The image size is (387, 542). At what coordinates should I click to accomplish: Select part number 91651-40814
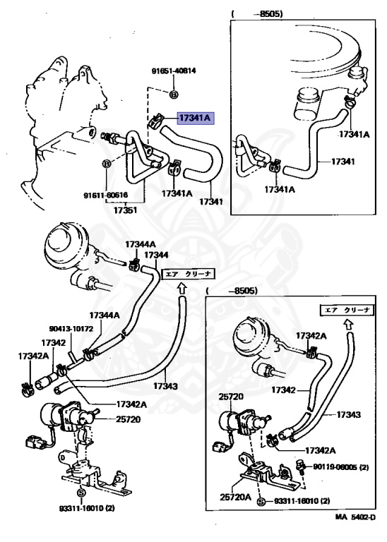[174, 71]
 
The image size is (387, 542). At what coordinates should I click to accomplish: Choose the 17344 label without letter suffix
[157, 254]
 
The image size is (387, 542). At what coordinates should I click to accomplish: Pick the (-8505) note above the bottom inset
[233, 291]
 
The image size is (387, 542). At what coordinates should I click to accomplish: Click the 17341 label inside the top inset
[342, 160]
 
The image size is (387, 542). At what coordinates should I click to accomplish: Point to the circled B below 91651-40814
[174, 94]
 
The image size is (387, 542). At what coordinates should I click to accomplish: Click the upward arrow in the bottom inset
[347, 325]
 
